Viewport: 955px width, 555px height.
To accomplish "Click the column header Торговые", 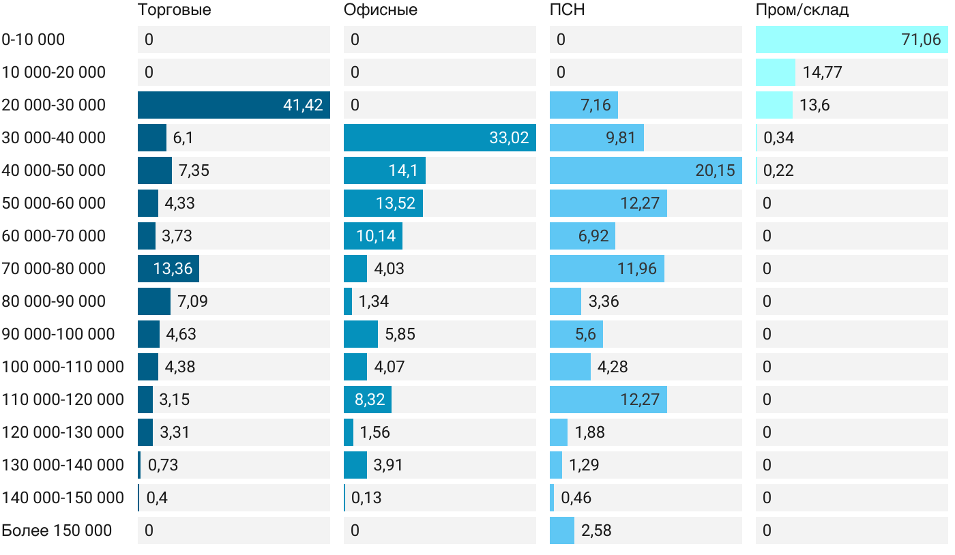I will click(174, 10).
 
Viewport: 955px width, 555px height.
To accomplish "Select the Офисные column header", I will click(380, 10).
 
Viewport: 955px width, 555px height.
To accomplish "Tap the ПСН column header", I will click(567, 10).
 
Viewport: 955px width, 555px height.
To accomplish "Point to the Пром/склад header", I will click(802, 10).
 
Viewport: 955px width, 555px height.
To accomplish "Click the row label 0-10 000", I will click(33, 40).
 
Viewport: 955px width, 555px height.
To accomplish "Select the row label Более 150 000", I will click(57, 530).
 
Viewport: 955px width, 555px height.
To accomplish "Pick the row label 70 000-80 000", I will click(54, 269).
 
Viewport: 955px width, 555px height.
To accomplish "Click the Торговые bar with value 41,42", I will click(233, 105).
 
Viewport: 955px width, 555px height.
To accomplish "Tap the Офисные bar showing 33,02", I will click(439, 138).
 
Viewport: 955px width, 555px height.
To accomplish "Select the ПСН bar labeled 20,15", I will click(645, 170).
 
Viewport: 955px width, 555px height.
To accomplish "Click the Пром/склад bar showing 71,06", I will click(851, 40).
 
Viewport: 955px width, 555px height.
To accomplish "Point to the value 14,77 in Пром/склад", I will click(823, 72).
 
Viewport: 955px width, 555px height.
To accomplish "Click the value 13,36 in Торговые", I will click(173, 269).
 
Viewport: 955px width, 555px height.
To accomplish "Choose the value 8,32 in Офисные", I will click(370, 400).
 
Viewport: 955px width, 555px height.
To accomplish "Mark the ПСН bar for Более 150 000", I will click(562, 530).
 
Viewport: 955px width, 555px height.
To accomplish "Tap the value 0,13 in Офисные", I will click(366, 498).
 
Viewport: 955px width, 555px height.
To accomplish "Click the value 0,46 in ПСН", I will click(576, 498).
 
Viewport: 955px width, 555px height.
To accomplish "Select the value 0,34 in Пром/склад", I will click(779, 138).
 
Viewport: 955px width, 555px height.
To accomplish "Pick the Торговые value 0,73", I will click(163, 465).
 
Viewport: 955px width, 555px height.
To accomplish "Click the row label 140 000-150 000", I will click(63, 498).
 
